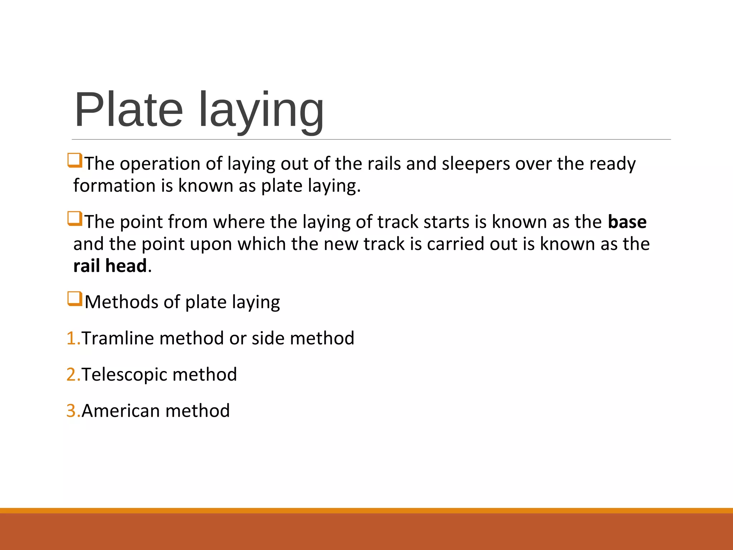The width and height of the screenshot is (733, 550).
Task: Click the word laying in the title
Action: [x=261, y=111]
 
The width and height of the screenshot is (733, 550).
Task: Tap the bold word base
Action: [x=627, y=222]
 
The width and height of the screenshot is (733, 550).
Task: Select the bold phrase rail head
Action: [x=110, y=266]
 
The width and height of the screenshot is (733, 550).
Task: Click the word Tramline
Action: [x=118, y=338]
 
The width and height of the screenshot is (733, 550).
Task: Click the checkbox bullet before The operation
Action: [x=75, y=160]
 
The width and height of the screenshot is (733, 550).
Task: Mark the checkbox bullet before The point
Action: [x=75, y=219]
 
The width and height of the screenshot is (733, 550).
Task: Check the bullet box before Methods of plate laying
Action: [x=75, y=299]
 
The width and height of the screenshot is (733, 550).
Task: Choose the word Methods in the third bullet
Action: [x=121, y=302]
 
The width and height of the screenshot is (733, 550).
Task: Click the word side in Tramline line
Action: [x=268, y=338]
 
